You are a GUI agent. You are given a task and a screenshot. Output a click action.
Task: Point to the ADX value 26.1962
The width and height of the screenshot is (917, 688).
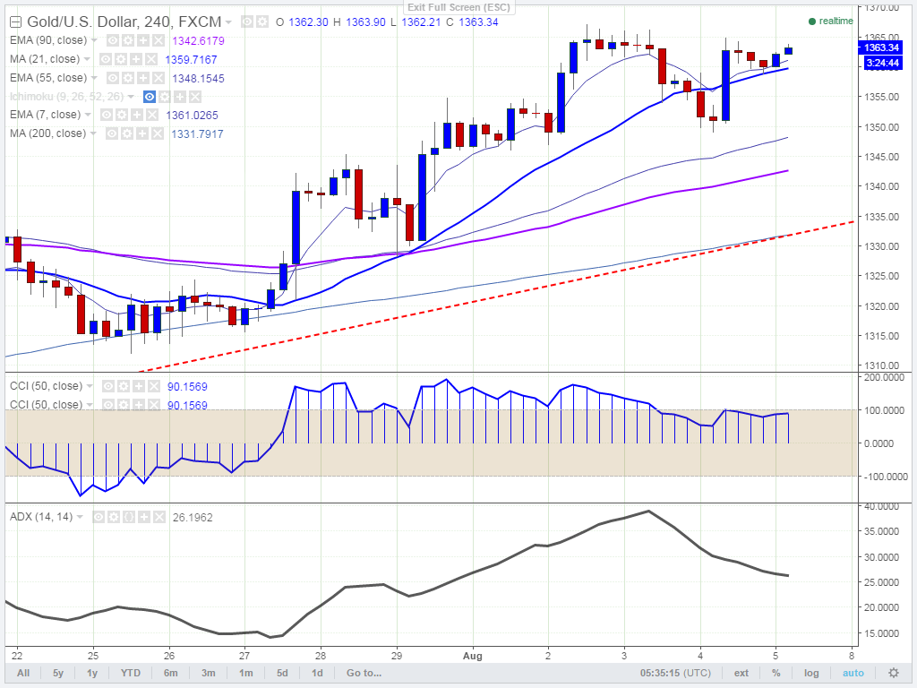coord(192,517)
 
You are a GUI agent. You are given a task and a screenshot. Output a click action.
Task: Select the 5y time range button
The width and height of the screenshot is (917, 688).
coord(57,673)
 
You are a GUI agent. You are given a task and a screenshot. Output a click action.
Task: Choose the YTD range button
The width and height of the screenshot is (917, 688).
coord(131,673)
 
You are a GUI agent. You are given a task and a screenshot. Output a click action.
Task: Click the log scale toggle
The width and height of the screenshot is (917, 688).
coord(811,673)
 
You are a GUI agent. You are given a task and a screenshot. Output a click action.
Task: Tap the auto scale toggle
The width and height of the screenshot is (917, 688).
coord(853,673)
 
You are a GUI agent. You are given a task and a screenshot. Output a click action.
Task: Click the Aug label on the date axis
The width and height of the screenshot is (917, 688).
coord(472,655)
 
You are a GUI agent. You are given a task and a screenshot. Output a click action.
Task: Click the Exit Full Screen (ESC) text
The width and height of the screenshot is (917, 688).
coord(458,8)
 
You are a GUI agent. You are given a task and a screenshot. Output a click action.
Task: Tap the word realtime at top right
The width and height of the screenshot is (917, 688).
coord(836,21)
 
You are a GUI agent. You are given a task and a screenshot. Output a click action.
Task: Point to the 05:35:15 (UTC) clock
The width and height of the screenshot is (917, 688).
coord(677,673)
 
